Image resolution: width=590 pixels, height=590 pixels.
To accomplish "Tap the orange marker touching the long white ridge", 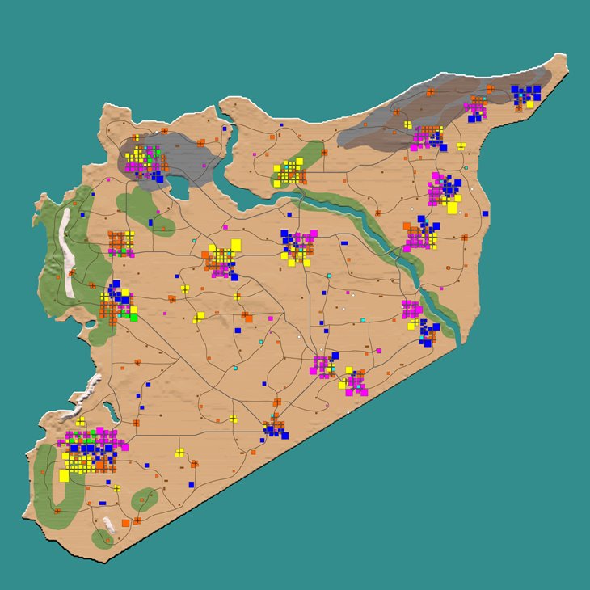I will [71, 272].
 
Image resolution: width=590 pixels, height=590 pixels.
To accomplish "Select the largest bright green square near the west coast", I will [133, 317].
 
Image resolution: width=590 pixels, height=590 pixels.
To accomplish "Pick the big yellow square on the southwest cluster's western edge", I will [64, 475].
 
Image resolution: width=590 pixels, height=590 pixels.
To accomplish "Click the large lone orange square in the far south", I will [125, 525].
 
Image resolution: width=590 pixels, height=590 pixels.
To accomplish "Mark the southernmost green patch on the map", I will [103, 538].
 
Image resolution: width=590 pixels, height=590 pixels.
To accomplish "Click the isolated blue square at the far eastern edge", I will [485, 213].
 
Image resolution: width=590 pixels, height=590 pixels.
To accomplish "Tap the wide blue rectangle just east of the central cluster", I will [344, 242].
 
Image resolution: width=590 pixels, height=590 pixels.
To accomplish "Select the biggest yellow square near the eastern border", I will [452, 208].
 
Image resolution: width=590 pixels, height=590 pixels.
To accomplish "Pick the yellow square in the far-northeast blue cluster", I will [530, 104].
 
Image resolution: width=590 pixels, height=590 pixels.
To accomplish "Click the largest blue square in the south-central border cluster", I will [284, 435].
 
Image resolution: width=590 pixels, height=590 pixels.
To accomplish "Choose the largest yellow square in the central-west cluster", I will [236, 244].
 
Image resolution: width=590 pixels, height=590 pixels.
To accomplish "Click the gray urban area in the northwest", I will [170, 158].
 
